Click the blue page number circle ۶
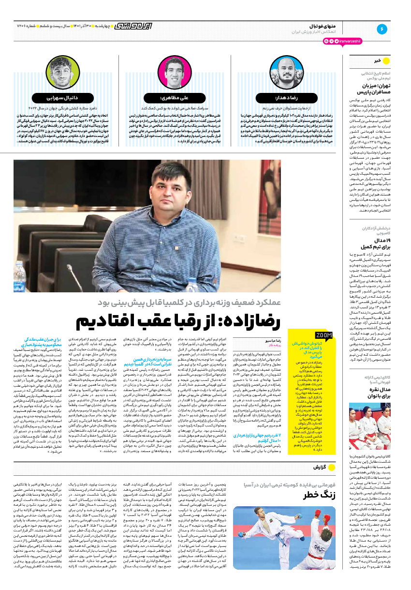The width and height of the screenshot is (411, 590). click(x=382, y=29)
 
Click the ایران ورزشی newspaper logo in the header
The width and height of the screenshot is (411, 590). click(x=132, y=25)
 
